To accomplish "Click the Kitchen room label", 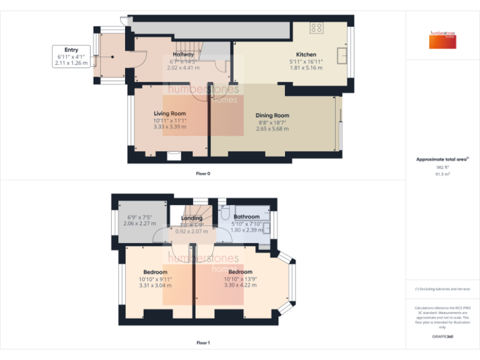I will (306, 54).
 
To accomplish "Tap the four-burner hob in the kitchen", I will (317, 27).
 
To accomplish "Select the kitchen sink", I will (342, 56).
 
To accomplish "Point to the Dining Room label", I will (272, 115).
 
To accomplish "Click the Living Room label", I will (170, 113).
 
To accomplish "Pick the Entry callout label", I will (71, 49).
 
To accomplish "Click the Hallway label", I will (184, 54).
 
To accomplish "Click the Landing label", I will (192, 217).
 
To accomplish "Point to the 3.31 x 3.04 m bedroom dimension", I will (155, 285).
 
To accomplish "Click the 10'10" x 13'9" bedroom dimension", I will (240, 279).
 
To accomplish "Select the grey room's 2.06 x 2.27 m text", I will (140, 223).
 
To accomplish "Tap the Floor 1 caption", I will (203, 342).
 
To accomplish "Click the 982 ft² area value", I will (442, 167).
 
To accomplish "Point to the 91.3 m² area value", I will (442, 174).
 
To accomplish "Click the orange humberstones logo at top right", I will (442, 40).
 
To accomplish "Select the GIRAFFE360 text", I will (442, 337).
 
